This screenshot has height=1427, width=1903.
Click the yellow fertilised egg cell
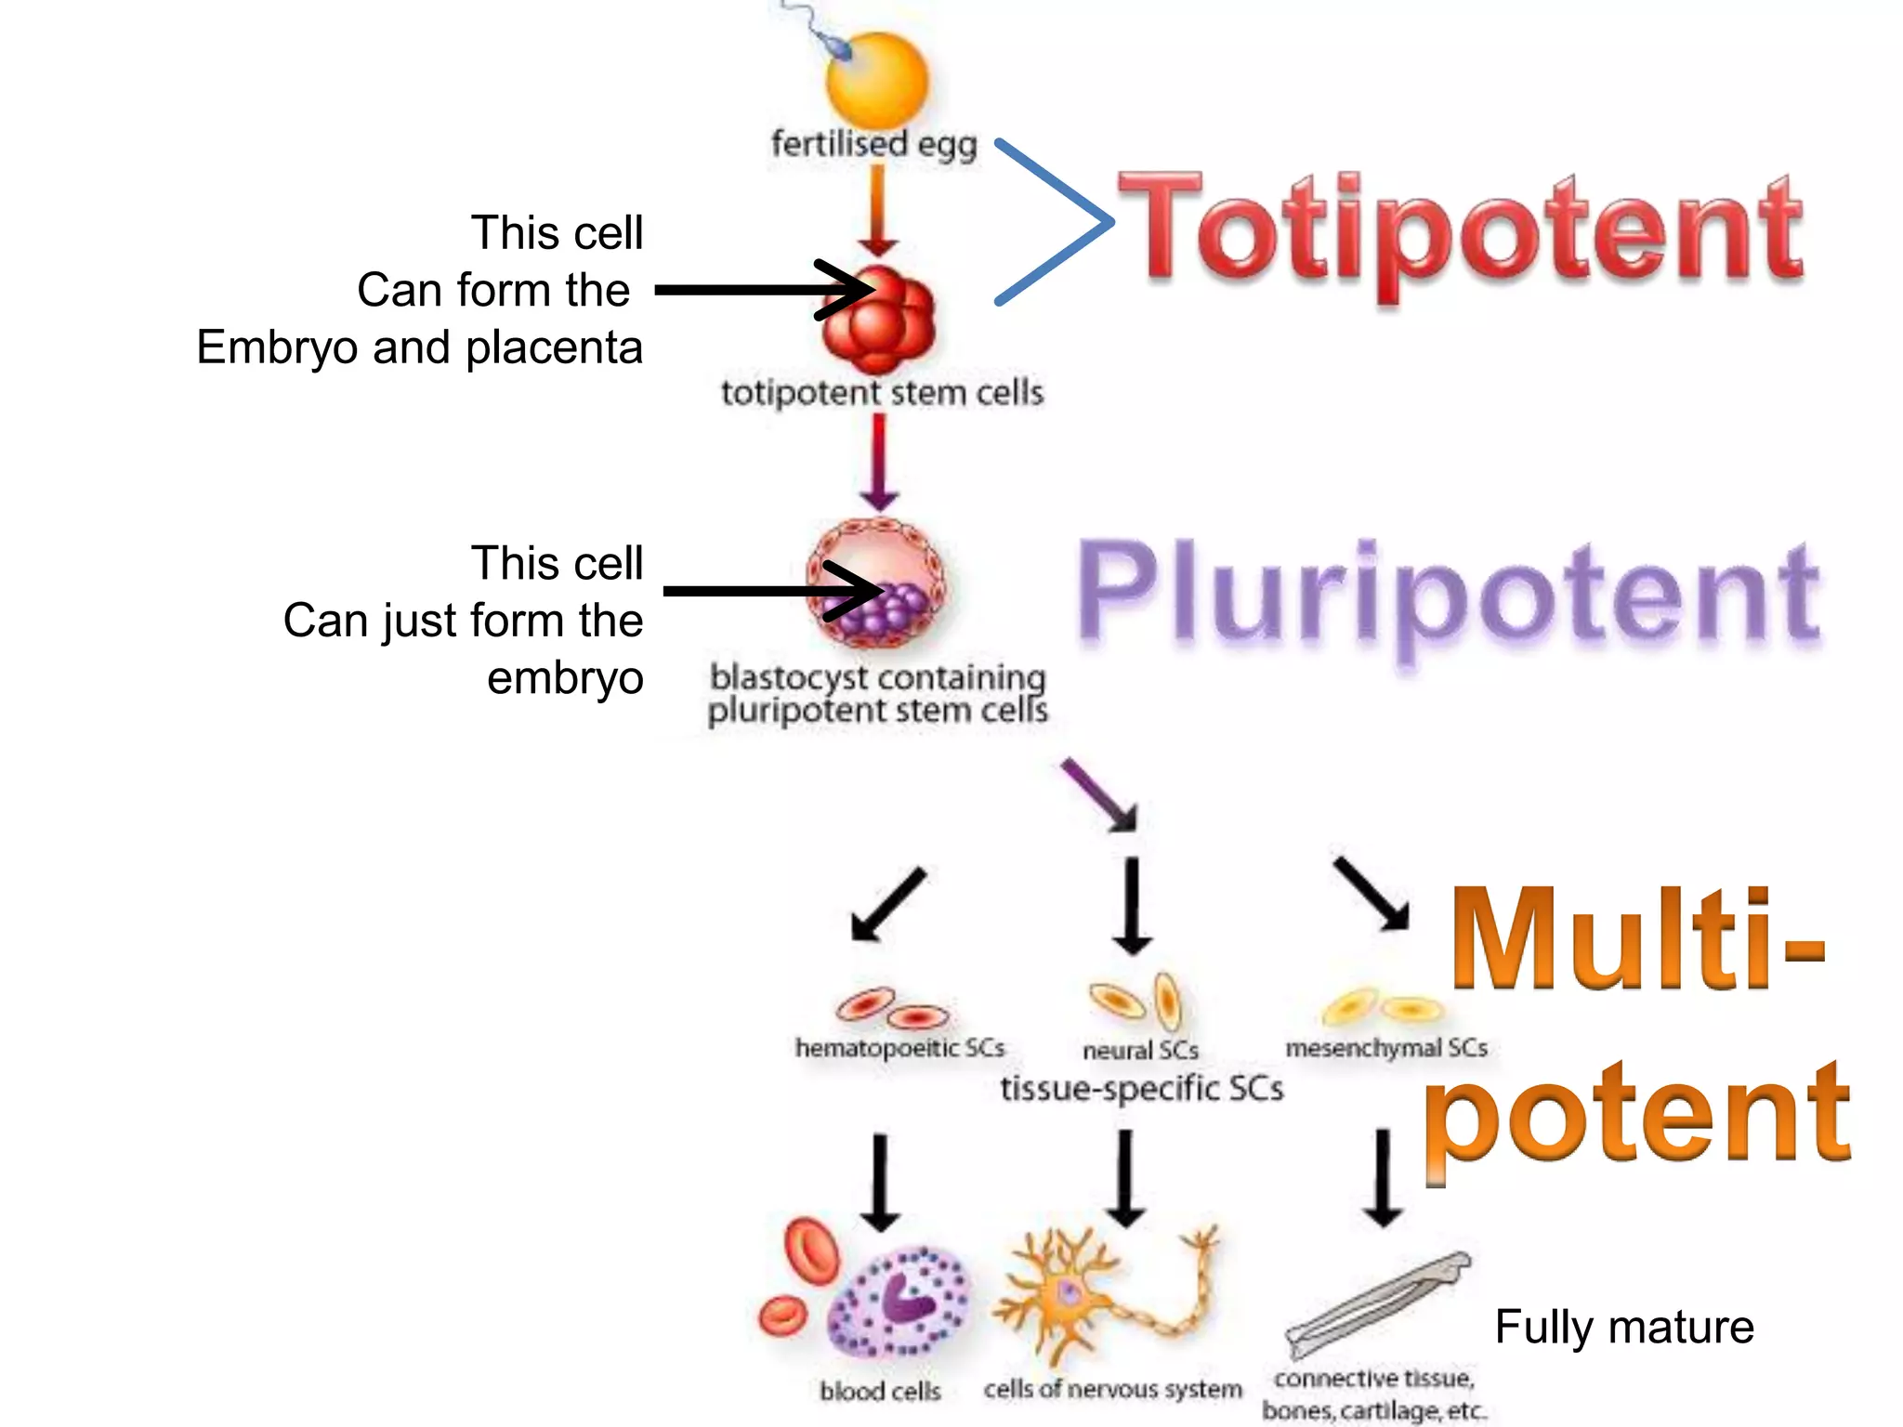[x=877, y=82]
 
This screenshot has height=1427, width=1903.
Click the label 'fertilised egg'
[x=873, y=144]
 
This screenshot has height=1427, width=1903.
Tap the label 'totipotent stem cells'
[x=882, y=392]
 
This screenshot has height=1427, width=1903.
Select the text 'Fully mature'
[x=1623, y=1326]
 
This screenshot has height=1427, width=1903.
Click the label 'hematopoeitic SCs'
[x=899, y=1048]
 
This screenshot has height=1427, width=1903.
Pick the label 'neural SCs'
[x=1140, y=1050]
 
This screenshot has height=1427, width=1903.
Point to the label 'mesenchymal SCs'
[x=1386, y=1048]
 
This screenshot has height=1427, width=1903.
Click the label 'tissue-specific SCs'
[x=1141, y=1088]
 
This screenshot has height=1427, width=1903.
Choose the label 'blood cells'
[x=880, y=1391]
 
